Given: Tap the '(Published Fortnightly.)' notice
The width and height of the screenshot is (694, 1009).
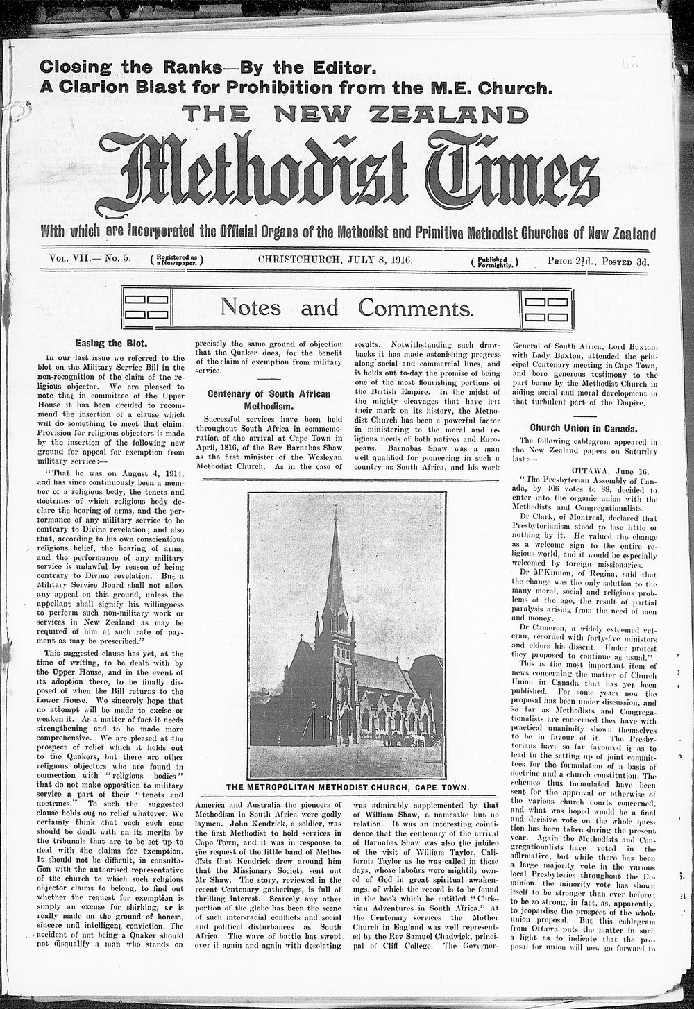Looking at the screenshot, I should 494,262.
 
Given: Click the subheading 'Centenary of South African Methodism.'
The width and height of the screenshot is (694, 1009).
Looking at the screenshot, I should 269,400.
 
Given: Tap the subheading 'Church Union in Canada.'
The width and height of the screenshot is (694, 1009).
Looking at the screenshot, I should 584,427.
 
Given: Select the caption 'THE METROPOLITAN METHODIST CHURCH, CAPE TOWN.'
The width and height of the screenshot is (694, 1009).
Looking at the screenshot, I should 346,788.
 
